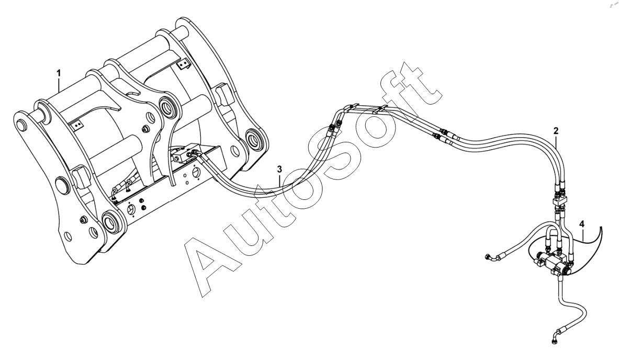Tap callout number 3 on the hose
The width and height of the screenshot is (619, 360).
pos(280,168)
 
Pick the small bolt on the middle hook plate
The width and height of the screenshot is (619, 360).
pos(144,128)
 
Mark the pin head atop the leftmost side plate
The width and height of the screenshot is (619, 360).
pos(21,125)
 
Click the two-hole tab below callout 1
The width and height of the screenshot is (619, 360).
pos(77,125)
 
